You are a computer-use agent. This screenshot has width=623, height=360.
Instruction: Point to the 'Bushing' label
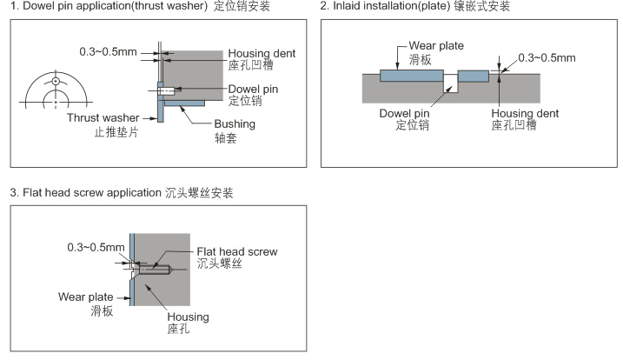(x=235, y=123)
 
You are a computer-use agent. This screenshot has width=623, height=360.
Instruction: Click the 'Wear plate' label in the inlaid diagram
(x=435, y=45)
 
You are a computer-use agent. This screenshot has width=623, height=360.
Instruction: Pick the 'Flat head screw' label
(x=237, y=251)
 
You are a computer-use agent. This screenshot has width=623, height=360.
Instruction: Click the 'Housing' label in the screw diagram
(x=188, y=317)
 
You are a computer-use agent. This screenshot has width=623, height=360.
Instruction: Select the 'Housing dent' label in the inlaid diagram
(x=525, y=113)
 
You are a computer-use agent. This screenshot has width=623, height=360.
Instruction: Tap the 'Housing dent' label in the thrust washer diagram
(x=262, y=54)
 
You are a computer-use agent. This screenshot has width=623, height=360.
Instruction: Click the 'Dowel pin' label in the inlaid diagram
(x=404, y=112)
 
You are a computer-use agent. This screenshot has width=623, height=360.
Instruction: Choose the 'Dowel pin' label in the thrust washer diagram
(x=252, y=88)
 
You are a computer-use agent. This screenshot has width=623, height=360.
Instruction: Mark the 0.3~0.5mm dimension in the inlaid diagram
(x=547, y=58)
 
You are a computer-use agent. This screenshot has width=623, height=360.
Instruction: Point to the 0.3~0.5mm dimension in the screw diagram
(x=96, y=247)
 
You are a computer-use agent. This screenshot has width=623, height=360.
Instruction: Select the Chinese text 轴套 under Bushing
(x=226, y=138)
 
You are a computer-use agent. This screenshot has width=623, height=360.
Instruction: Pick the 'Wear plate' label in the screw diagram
(x=85, y=297)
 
